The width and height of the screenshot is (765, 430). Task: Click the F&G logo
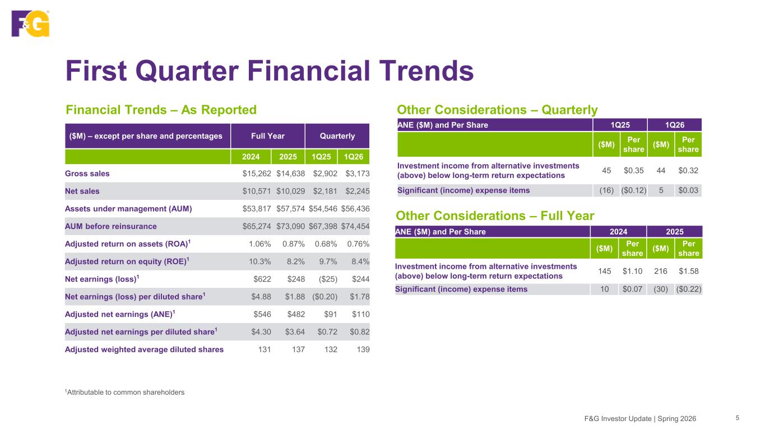click(x=30, y=24)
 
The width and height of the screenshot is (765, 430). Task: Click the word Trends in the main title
click(x=426, y=71)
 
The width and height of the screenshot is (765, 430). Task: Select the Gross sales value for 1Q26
click(x=357, y=174)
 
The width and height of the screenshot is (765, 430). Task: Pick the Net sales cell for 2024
click(x=257, y=191)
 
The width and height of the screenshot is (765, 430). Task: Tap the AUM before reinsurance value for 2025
click(x=290, y=226)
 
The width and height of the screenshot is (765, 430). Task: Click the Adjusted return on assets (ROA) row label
click(x=128, y=244)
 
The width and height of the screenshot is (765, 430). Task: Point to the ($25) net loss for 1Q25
click(x=328, y=279)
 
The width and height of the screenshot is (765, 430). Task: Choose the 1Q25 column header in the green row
click(x=321, y=157)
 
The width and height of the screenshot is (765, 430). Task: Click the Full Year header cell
click(x=268, y=136)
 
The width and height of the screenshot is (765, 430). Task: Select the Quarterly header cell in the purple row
click(x=337, y=136)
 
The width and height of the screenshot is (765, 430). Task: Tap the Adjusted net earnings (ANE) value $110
click(x=361, y=314)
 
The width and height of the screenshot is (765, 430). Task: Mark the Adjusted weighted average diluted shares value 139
click(x=363, y=349)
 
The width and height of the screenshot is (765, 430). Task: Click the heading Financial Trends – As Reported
click(x=161, y=110)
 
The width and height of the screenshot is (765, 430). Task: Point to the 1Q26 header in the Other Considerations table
click(x=675, y=125)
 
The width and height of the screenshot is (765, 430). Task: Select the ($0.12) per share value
click(x=633, y=190)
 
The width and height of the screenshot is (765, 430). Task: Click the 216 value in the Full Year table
click(x=661, y=272)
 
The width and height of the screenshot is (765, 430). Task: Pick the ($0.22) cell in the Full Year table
click(x=688, y=289)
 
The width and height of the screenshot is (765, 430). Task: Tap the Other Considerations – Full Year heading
click(x=495, y=216)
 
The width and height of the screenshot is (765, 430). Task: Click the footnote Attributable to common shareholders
click(x=124, y=392)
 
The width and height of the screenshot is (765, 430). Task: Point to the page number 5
click(x=738, y=418)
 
